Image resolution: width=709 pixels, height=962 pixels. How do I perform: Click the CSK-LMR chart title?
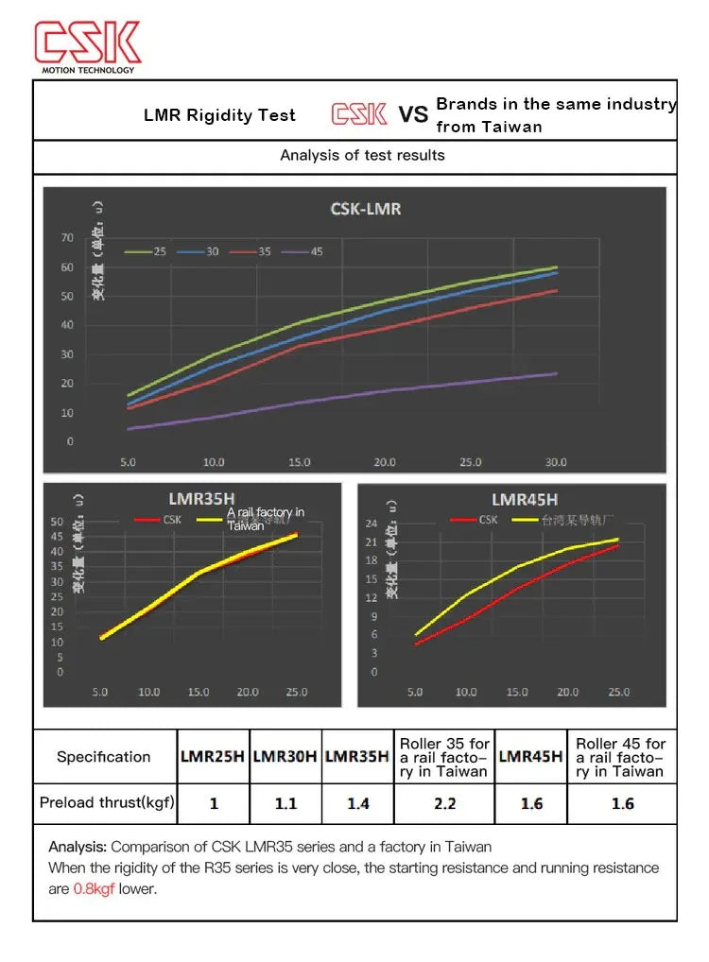tap(365, 209)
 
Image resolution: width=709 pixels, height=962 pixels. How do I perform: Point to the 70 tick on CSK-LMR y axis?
tap(68, 237)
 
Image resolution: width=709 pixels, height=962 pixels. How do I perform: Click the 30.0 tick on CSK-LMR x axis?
tap(556, 462)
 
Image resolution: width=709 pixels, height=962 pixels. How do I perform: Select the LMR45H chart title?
tap(525, 499)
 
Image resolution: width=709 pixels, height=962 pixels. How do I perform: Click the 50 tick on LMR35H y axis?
tap(57, 522)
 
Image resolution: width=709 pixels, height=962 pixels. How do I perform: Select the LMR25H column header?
tap(214, 756)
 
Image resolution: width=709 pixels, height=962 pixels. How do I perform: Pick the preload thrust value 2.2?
tap(444, 803)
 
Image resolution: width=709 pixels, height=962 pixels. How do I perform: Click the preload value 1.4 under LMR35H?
tap(357, 803)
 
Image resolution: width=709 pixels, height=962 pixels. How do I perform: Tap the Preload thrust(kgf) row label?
tap(107, 803)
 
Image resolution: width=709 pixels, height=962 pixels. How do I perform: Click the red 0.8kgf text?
tap(94, 889)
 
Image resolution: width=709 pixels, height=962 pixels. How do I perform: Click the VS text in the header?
tap(413, 115)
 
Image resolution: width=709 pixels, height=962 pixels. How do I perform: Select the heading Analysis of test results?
tap(362, 155)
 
